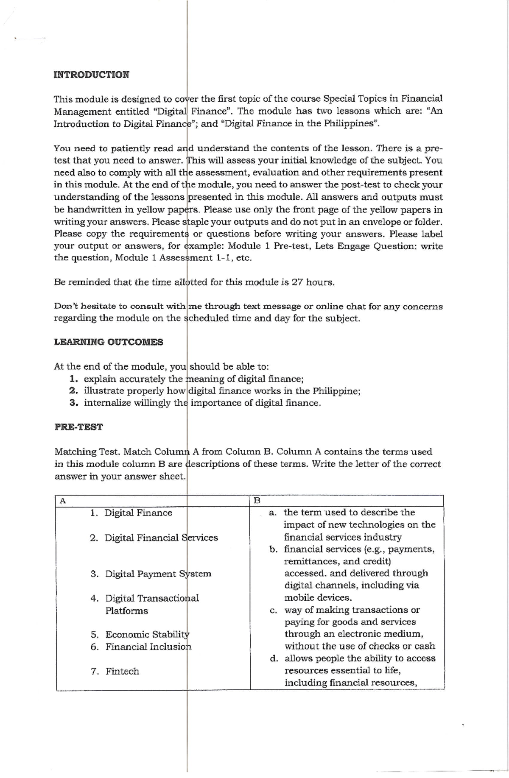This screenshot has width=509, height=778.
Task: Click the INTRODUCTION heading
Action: [91, 75]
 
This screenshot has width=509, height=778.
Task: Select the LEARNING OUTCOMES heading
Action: [109, 342]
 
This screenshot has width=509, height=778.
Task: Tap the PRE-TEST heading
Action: [78, 427]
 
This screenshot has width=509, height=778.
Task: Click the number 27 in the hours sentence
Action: [298, 282]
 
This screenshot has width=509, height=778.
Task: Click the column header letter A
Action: [63, 501]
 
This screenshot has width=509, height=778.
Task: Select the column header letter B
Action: [257, 501]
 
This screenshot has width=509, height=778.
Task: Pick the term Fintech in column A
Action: [122, 672]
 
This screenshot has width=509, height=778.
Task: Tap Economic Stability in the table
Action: [147, 635]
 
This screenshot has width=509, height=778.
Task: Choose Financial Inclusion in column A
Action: [148, 647]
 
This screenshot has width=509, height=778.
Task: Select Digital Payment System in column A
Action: [158, 574]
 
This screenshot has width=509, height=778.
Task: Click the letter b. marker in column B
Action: [274, 549]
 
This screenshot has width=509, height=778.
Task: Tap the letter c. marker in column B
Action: [274, 611]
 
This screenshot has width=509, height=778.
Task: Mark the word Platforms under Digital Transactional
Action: [126, 611]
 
